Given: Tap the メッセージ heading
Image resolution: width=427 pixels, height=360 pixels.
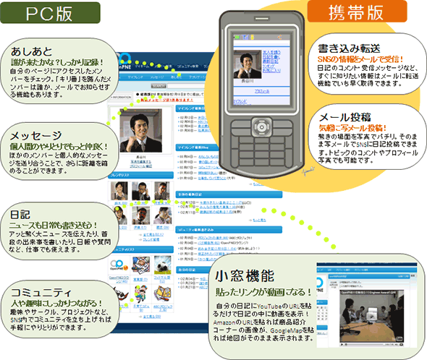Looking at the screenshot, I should (x=37, y=134).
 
